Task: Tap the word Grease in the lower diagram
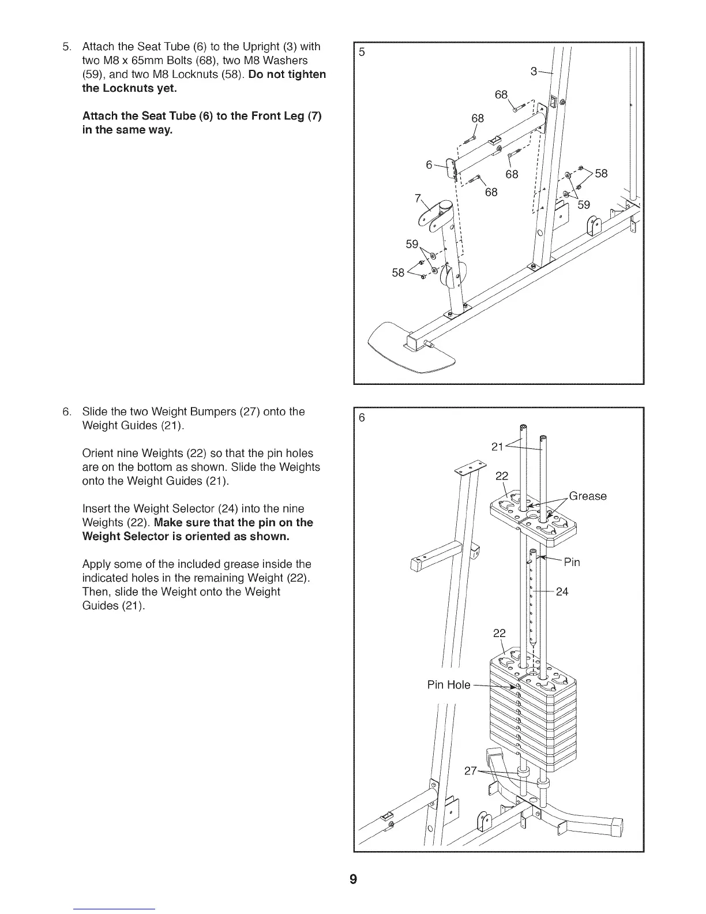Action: coord(588,496)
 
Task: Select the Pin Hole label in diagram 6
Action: coord(449,685)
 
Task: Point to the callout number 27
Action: coord(471,771)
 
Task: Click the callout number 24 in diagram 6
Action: coord(562,591)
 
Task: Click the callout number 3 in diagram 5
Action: coord(534,71)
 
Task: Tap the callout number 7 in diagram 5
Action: coord(417,198)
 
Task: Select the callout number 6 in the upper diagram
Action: coord(429,164)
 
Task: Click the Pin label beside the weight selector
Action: coord(572,562)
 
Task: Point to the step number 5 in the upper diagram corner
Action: coord(362,52)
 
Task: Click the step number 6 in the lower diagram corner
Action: coord(362,418)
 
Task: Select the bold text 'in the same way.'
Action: coord(127,130)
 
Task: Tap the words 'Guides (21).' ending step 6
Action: coord(114,606)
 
